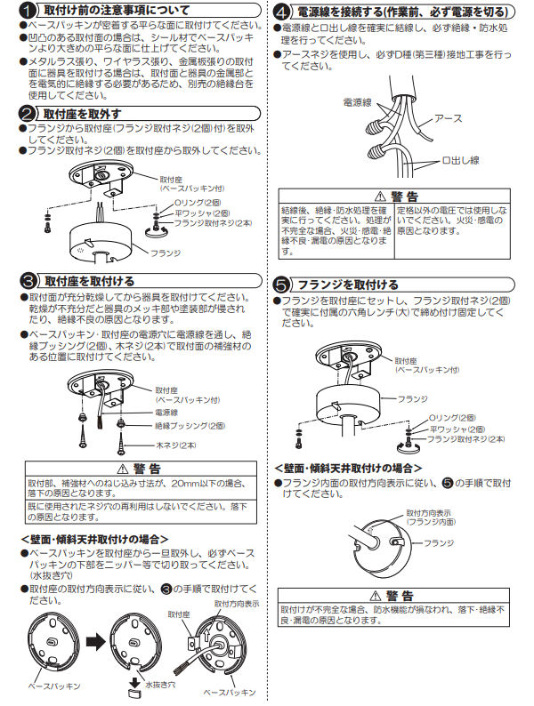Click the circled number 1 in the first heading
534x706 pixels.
click(x=28, y=12)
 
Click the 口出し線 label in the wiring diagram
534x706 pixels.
click(x=460, y=160)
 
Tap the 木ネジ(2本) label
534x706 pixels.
click(x=179, y=442)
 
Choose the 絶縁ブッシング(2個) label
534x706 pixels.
click(x=190, y=425)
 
